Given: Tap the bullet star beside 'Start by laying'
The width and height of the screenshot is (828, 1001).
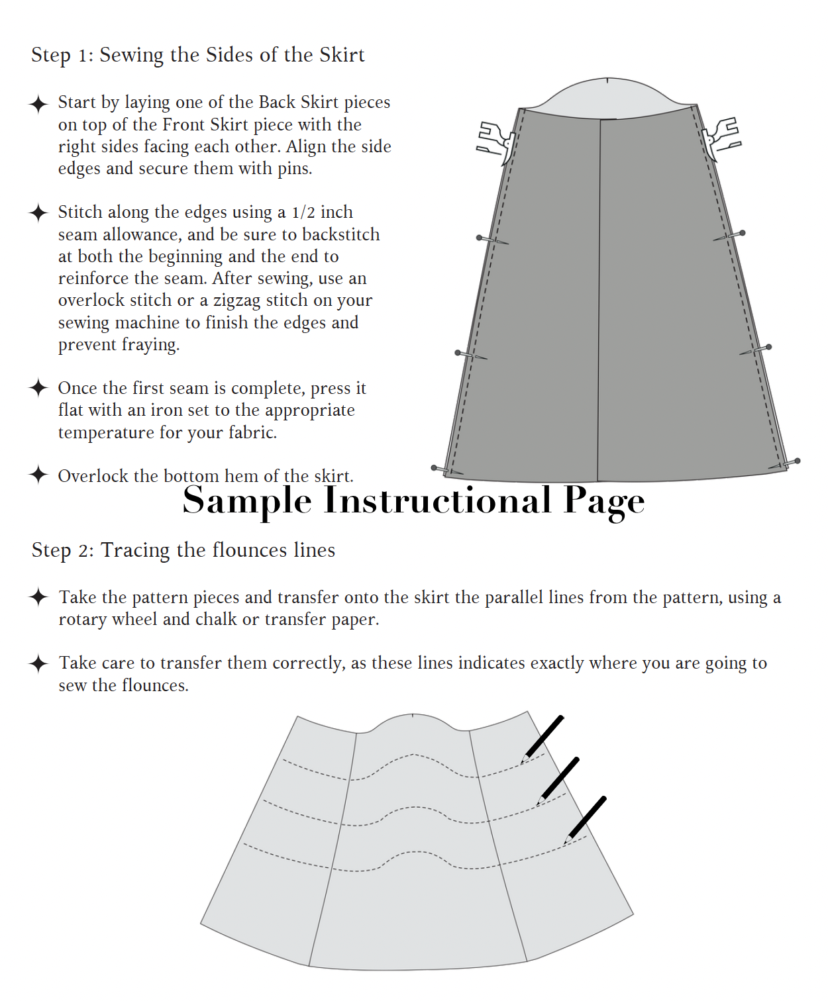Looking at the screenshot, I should point(38,104).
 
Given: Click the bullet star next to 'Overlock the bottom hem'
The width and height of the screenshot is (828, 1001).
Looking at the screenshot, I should point(38,475).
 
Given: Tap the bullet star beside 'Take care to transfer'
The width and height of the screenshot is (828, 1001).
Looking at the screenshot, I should point(38,663).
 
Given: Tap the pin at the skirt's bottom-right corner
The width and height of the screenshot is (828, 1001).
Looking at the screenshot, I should point(786,464).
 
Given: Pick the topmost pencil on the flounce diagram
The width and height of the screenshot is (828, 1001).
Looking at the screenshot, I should point(543,738).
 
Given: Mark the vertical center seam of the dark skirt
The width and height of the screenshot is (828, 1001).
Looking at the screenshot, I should point(599,298).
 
